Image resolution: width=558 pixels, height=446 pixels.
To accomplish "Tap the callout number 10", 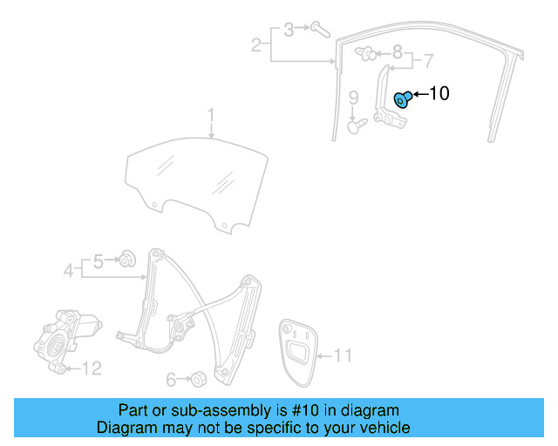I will (440, 93).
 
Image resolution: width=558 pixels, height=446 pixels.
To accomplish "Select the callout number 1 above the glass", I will (210, 115).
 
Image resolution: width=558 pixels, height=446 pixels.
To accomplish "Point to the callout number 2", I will (256, 45).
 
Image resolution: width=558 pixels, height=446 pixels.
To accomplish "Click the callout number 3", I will (289, 30).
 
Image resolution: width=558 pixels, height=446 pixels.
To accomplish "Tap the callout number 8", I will (397, 52).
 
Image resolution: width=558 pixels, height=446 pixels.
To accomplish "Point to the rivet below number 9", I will (354, 126).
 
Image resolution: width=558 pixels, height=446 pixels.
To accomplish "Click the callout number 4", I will (69, 271).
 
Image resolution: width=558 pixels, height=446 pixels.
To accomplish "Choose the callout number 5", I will (99, 260).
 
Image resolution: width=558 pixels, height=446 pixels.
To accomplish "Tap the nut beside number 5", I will (127, 258).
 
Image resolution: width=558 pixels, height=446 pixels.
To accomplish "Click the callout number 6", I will (171, 379).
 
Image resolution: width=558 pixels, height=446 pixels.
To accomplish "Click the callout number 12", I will (92, 368).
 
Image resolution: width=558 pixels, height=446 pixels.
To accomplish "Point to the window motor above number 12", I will (65, 335).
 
